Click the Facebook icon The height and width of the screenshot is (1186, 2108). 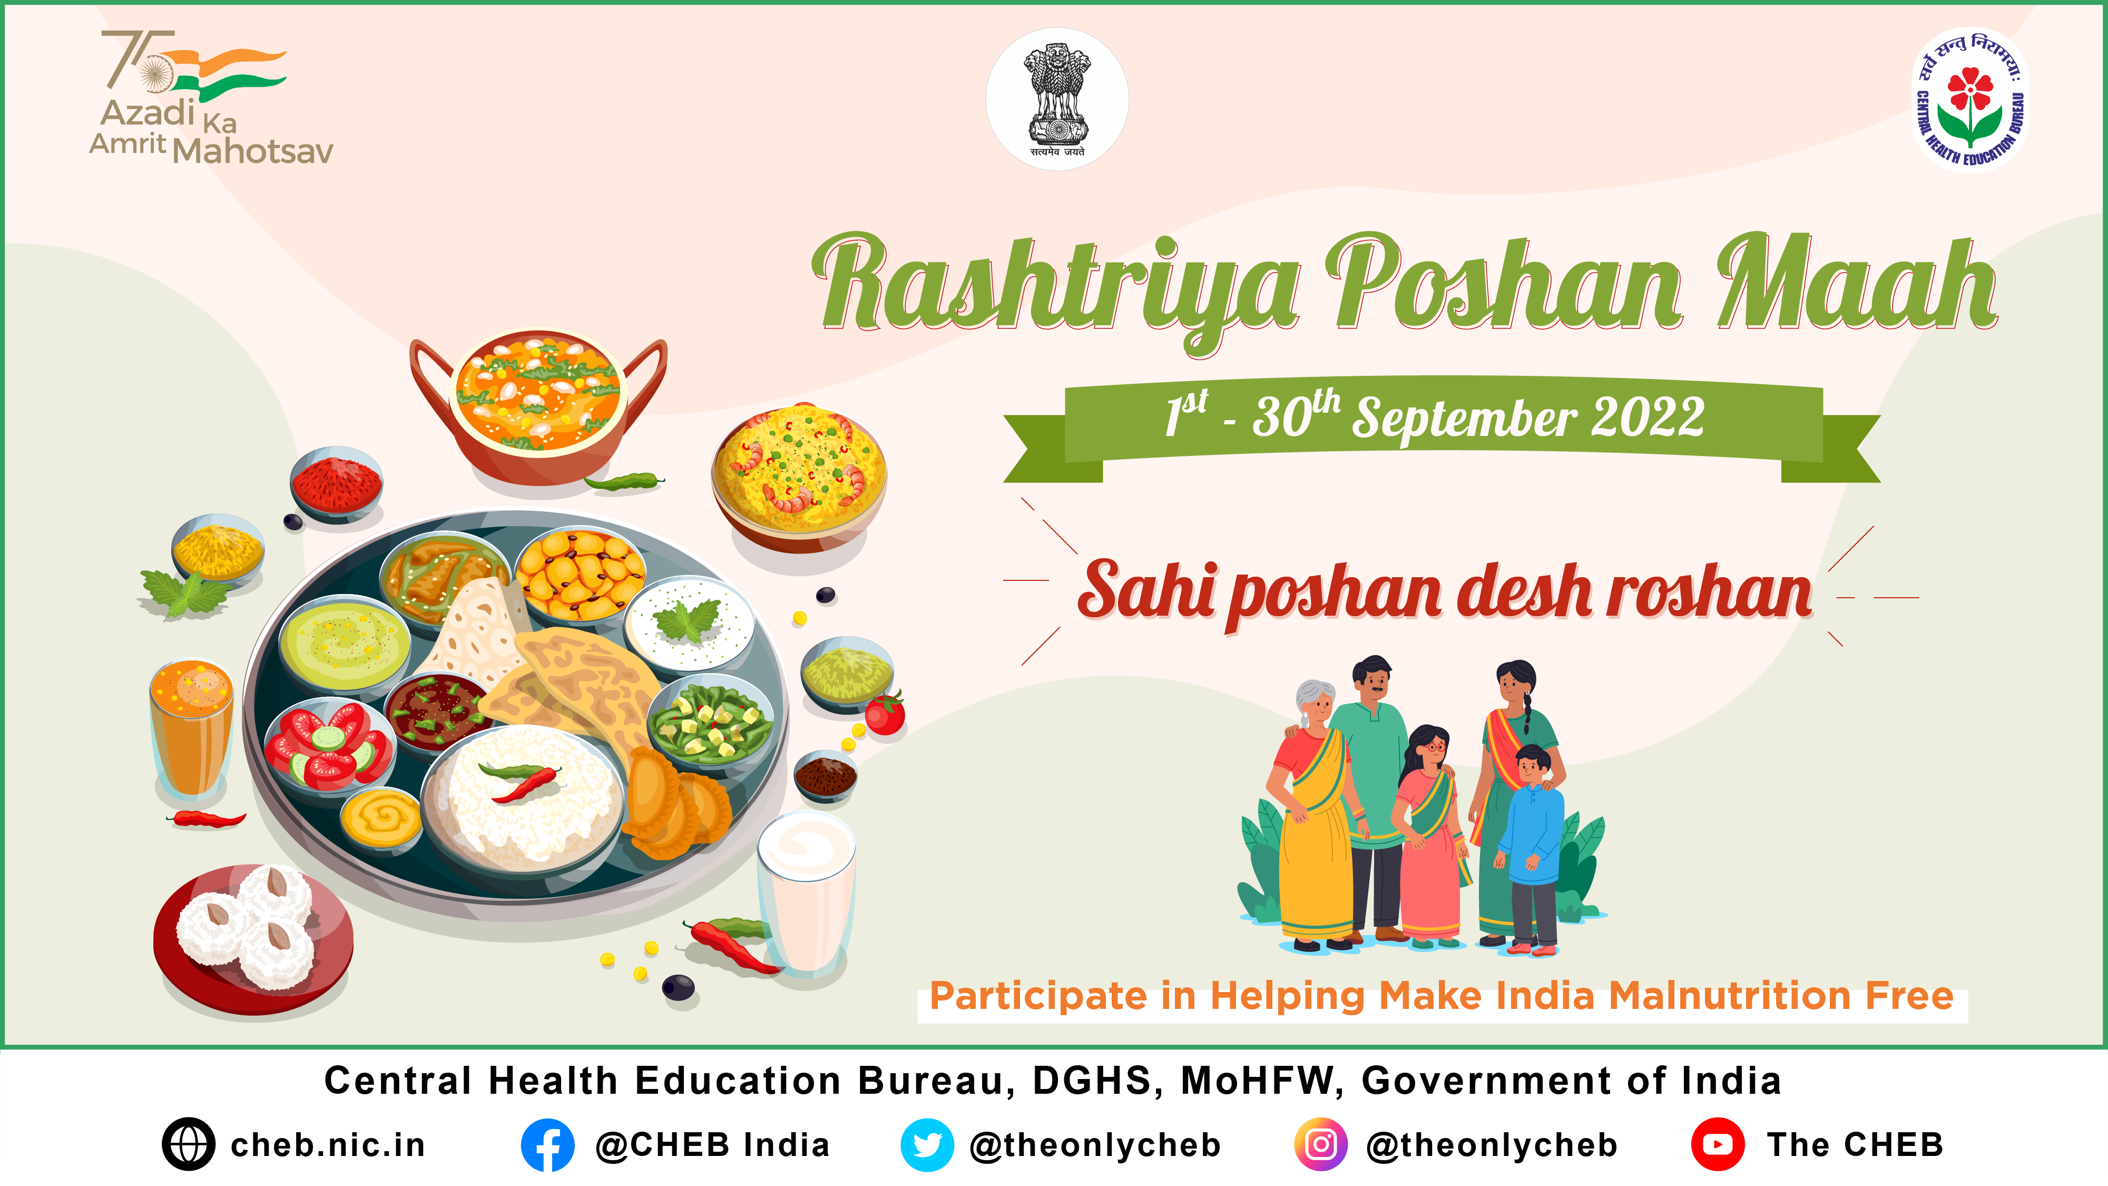(x=547, y=1144)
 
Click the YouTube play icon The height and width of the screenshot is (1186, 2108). (x=1717, y=1144)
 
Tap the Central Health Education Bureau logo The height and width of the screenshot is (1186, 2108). (x=1970, y=100)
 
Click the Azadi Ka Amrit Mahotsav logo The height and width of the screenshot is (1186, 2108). (x=210, y=98)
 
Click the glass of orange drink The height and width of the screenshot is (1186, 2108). (x=191, y=728)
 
